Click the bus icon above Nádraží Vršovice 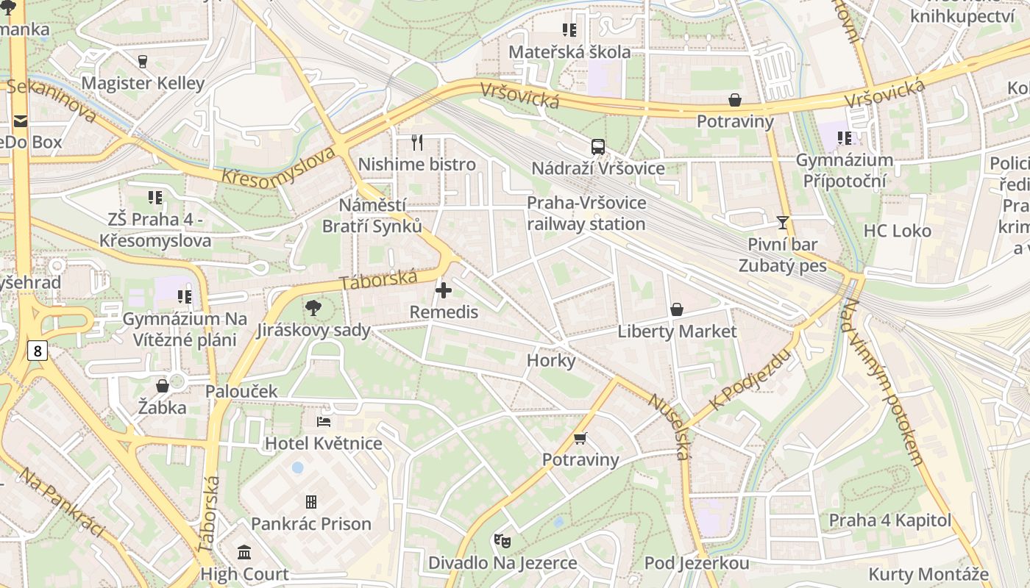pos(597,146)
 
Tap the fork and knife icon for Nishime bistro pos(417,142)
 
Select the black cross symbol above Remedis pos(444,290)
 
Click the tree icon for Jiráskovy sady pos(313,308)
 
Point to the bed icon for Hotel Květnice pos(324,422)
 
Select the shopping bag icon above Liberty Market pos(677,309)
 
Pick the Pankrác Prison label pos(311,524)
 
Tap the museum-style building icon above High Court pos(244,552)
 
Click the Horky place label pos(551,361)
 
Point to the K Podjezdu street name pos(750,380)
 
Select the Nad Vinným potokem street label pos(882,382)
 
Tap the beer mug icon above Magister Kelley pos(143,62)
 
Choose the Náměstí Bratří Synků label pos(372,215)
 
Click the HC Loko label pos(897,231)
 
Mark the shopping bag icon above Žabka pos(163,386)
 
